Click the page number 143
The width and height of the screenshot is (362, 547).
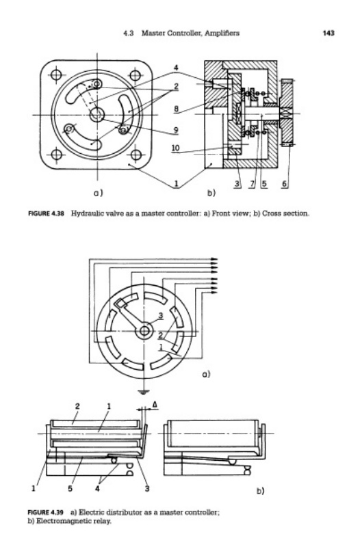(x=328, y=33)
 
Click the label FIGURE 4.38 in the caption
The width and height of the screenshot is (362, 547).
(x=46, y=213)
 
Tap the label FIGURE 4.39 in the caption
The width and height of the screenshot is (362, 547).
(x=45, y=512)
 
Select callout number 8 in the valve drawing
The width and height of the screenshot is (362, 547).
(x=177, y=109)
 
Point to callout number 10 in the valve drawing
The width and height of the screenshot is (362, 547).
(x=176, y=148)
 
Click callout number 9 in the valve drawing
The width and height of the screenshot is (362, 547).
(x=177, y=130)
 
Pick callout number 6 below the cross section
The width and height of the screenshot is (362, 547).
(x=285, y=183)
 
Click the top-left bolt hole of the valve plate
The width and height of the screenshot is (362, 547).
(x=56, y=75)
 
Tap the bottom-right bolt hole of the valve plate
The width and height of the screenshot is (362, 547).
(x=135, y=155)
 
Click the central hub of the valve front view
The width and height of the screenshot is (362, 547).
(x=97, y=114)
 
